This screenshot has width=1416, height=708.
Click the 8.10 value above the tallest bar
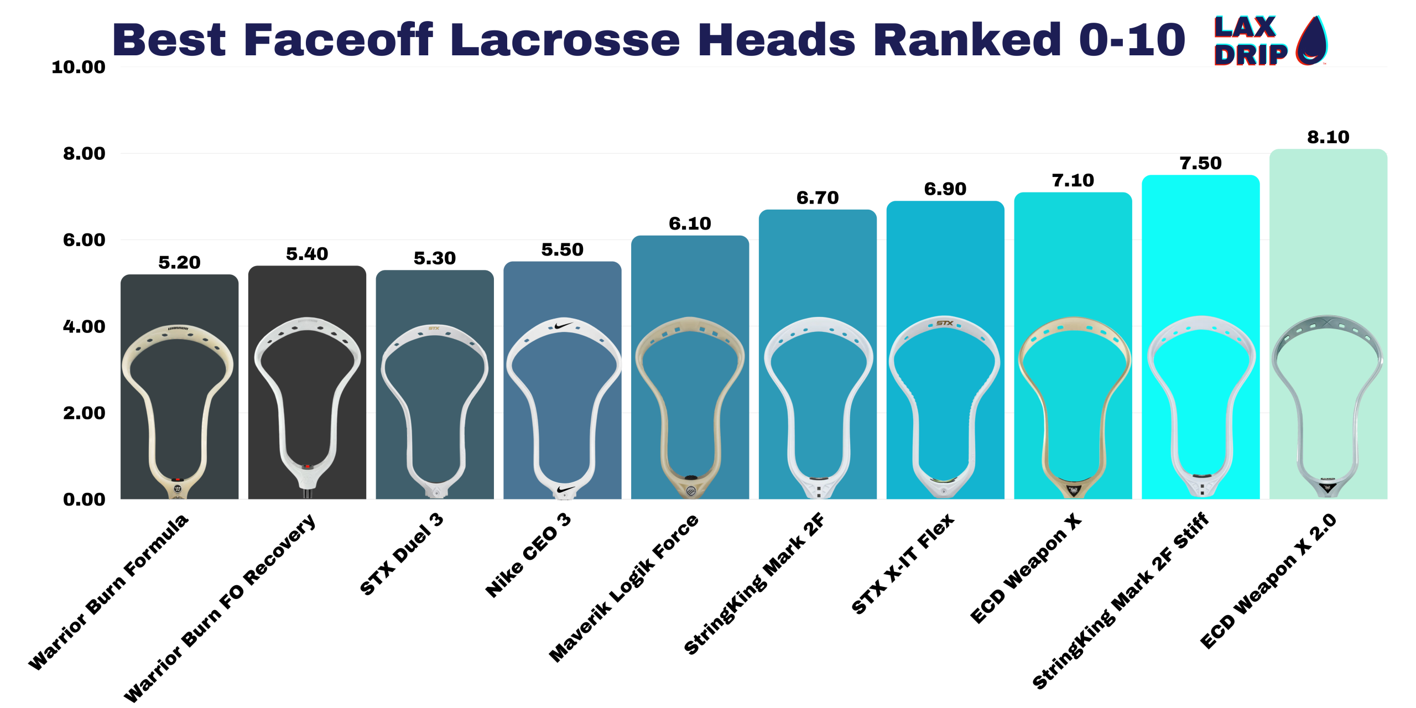coord(1327,137)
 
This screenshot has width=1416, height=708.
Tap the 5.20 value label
coord(179,263)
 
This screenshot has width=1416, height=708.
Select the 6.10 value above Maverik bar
coord(690,223)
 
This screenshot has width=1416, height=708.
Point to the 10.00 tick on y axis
coord(78,67)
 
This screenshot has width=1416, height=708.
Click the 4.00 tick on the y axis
coord(84,326)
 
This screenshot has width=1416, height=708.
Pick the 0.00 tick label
coord(84,499)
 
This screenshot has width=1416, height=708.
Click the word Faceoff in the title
coord(337,40)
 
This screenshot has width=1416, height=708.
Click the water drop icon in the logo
coord(1311,41)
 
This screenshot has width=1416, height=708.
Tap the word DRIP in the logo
coord(1250,55)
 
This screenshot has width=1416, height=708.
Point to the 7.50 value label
coord(1200,163)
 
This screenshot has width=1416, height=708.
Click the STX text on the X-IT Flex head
coord(944,323)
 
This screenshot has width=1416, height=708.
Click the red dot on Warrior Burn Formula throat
coord(177,480)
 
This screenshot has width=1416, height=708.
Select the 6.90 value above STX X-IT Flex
coord(945,189)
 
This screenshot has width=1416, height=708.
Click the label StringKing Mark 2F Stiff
coord(1120,600)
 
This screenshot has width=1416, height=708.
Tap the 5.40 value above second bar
coord(307,254)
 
